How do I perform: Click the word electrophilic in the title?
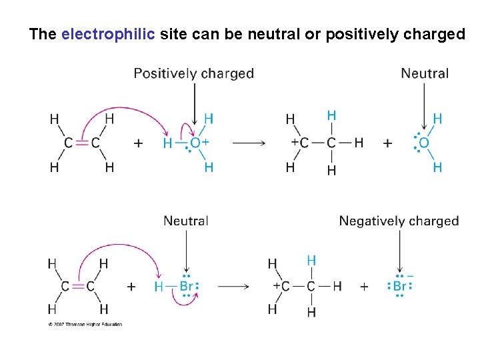tap(109, 34)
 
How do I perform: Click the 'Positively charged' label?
tap(193, 73)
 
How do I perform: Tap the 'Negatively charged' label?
tap(399, 221)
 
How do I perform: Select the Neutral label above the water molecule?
tap(425, 73)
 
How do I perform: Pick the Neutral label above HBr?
tap(186, 221)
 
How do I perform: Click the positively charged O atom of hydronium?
tap(195, 143)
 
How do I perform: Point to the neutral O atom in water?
tap(424, 143)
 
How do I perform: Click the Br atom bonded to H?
tap(187, 287)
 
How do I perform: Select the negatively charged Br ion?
tap(399, 287)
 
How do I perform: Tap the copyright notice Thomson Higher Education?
tap(85, 325)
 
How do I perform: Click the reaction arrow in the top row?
tap(249, 143)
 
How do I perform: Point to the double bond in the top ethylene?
tap(82, 143)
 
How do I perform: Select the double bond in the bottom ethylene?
tap(77, 287)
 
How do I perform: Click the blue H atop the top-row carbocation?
tap(331, 116)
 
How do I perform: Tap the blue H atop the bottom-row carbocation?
tap(311, 261)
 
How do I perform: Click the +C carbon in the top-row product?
tap(304, 143)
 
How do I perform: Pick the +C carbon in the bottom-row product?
tap(285, 287)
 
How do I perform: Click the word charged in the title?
tap(434, 34)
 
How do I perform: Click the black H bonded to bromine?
tap(159, 287)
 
